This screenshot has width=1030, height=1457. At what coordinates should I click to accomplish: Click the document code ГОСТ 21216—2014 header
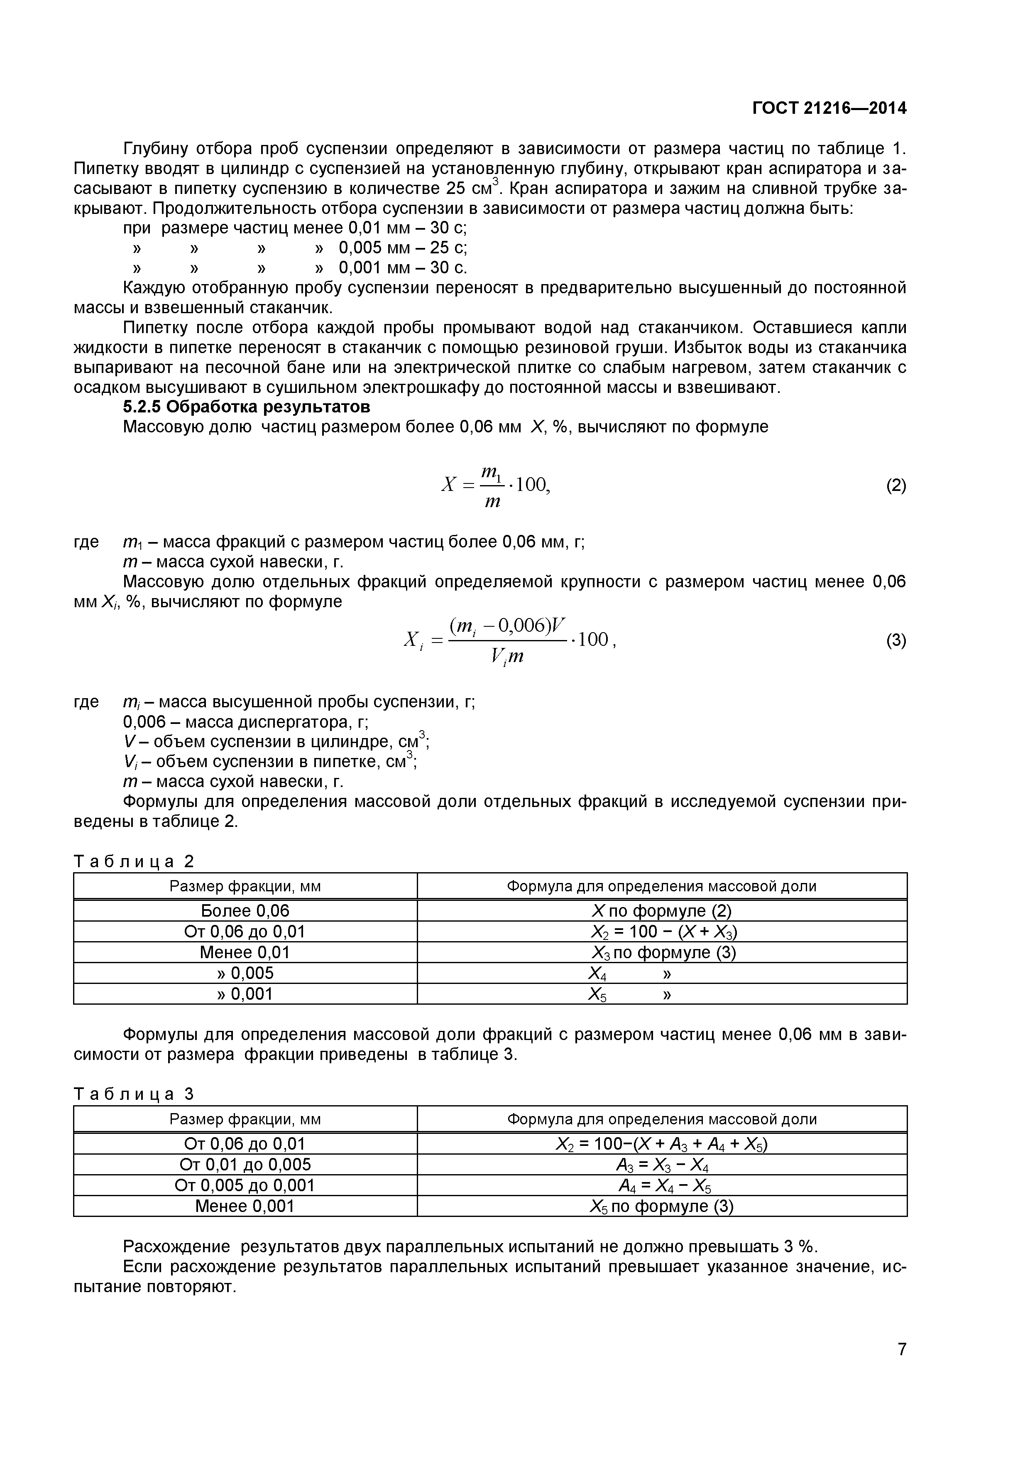[x=829, y=108]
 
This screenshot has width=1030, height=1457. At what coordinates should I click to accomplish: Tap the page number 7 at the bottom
[x=901, y=1366]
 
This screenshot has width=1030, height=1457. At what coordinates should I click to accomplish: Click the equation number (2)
[x=895, y=486]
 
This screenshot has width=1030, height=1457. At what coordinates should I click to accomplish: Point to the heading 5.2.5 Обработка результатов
[x=246, y=406]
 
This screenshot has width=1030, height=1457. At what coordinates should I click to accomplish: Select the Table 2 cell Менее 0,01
[x=245, y=952]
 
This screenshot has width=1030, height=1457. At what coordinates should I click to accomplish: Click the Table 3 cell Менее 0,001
[x=245, y=1206]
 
